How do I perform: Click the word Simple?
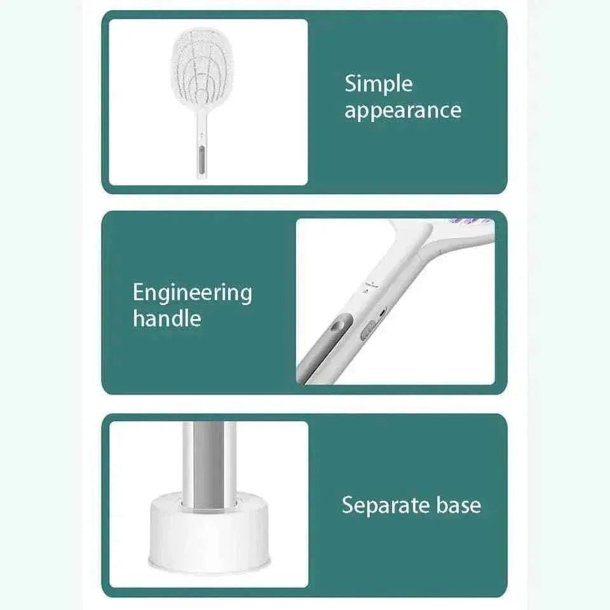pos(379,85)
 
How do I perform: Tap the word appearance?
pos(403,111)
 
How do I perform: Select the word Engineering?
pos(193,294)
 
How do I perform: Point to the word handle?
pos(167,318)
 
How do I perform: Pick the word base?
pos(459,505)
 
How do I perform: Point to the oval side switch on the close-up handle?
pos(368,330)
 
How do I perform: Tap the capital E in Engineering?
pos(139,292)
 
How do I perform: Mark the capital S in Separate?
pos(348,505)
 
